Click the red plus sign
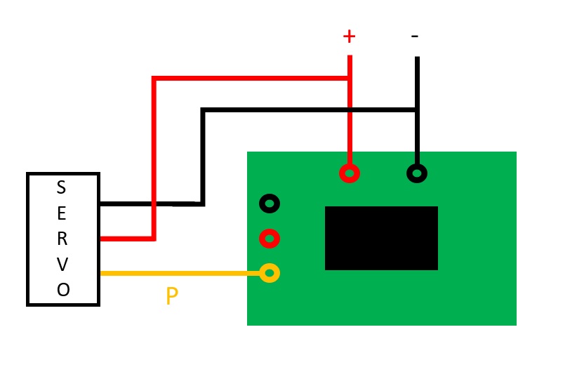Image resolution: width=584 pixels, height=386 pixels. [x=349, y=36]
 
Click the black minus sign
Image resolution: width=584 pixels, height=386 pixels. [x=415, y=36]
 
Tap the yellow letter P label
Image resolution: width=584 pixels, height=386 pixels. [x=172, y=296]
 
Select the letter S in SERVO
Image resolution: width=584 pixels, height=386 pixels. [x=62, y=187]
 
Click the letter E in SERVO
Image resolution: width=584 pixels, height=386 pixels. [x=62, y=213]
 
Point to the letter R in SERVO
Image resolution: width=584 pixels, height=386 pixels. [x=62, y=239]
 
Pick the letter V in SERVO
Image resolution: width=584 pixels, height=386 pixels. [x=62, y=265]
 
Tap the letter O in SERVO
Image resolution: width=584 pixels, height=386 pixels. [x=63, y=290]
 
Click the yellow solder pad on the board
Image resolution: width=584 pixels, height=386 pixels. [x=270, y=273]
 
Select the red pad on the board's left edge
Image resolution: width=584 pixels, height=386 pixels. [x=270, y=238]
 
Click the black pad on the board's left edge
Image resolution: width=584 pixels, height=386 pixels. [x=270, y=204]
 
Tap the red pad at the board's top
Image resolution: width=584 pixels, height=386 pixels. [x=350, y=173]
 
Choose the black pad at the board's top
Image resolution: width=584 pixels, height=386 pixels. [x=417, y=173]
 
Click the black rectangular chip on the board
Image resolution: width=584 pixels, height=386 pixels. [x=381, y=238]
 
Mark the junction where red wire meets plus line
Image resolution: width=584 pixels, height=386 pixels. [x=350, y=78]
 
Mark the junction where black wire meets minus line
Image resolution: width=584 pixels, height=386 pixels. [x=417, y=109]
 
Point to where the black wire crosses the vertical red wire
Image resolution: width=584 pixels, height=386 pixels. [x=350, y=109]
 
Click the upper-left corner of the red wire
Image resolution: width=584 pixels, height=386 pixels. [x=154, y=78]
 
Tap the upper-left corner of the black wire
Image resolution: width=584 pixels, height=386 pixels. [x=203, y=109]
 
